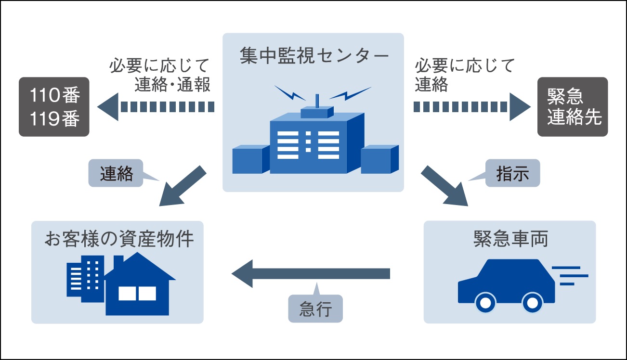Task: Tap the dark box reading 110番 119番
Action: click(x=54, y=107)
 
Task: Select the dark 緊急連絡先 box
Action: click(x=573, y=107)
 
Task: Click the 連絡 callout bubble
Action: click(x=116, y=173)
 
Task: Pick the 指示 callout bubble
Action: click(x=512, y=173)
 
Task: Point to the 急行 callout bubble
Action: click(x=315, y=309)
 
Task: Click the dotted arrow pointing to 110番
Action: click(x=157, y=107)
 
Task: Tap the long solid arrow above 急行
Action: click(x=311, y=273)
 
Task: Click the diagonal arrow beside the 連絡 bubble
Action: click(x=183, y=188)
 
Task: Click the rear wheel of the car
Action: click(x=532, y=302)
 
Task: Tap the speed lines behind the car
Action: click(x=571, y=276)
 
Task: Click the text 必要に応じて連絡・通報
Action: click(x=160, y=75)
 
